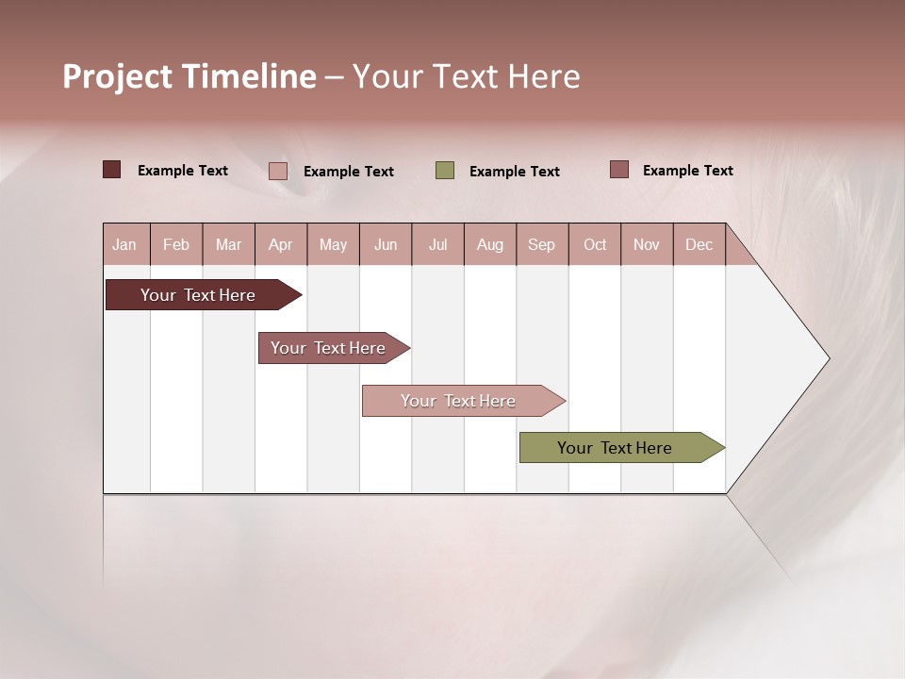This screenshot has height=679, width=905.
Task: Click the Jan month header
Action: (124, 244)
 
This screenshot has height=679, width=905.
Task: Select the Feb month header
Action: (176, 244)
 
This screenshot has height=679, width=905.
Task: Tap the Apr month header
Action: (280, 244)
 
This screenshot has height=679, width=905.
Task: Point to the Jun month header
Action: (386, 244)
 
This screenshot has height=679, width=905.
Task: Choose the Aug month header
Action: (489, 244)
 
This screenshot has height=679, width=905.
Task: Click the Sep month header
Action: (541, 244)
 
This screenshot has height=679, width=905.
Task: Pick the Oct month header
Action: (595, 244)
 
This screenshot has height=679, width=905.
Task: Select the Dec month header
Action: (699, 244)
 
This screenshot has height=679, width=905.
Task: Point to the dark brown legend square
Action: (112, 170)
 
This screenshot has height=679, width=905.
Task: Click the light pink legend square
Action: (278, 171)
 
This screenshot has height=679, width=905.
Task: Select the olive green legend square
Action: (445, 171)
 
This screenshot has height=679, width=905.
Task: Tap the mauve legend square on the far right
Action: (619, 170)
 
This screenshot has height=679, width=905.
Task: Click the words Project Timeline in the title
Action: (189, 76)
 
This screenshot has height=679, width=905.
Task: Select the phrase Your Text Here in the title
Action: (467, 76)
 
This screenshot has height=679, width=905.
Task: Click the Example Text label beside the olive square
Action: (514, 172)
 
